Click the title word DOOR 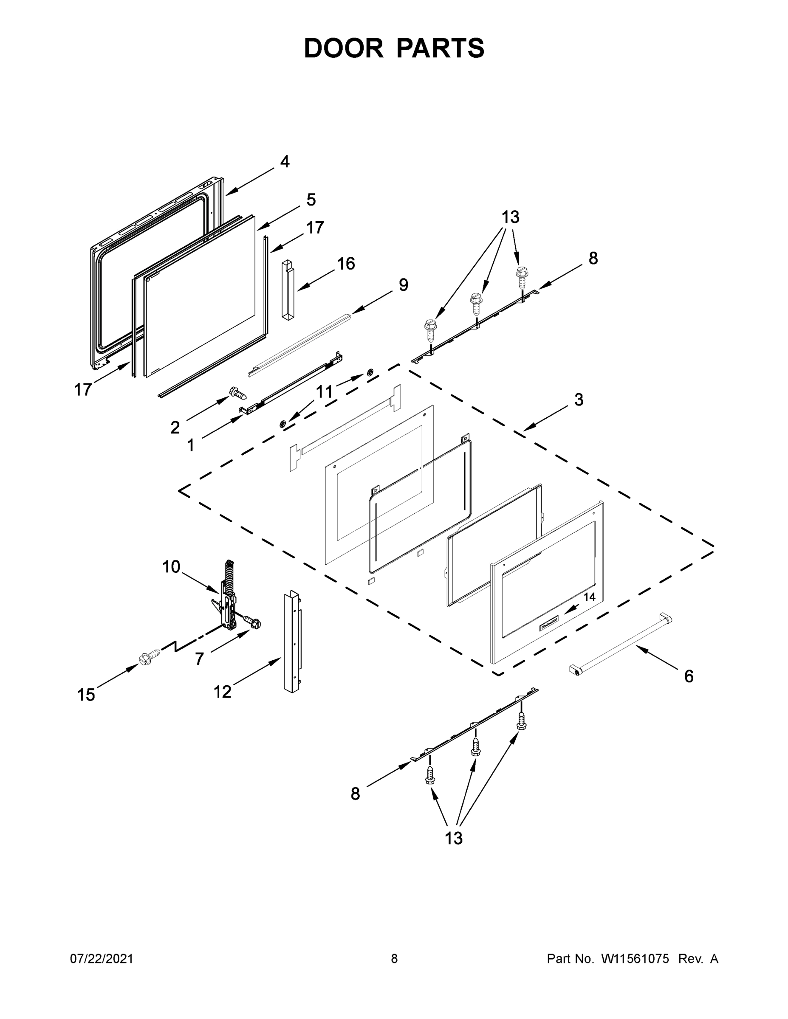point(343,48)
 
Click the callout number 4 point(285,162)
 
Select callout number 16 point(346,264)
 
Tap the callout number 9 point(403,284)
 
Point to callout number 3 point(579,400)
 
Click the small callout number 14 point(590,597)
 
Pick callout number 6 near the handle point(689,676)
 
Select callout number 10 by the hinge point(171,567)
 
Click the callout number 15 point(86,695)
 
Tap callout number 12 point(222,692)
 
